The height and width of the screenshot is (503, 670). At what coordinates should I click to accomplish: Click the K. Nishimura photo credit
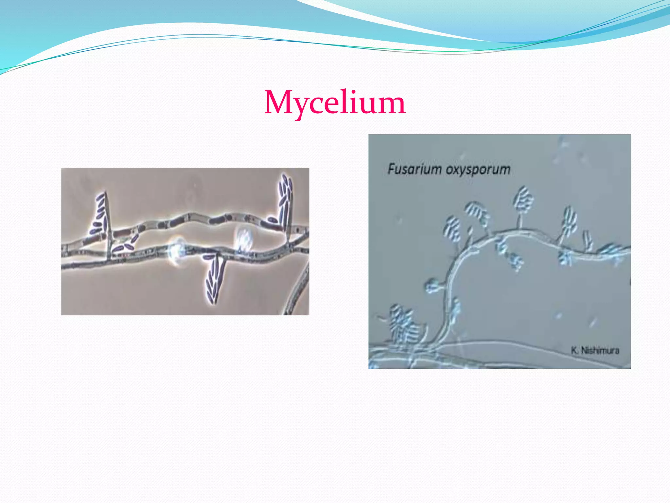pyautogui.click(x=595, y=350)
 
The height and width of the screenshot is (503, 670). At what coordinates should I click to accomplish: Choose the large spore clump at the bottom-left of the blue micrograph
pyautogui.click(x=404, y=326)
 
